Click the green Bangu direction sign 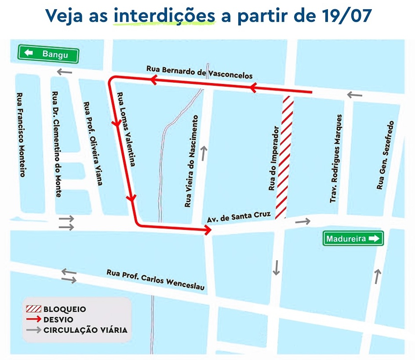point(48,54)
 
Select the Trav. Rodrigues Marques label point(336,159)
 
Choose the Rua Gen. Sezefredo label point(384,155)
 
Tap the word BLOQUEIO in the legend point(64,309)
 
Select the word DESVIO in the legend point(58,319)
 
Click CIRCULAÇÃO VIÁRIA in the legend point(85,330)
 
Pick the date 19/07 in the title point(344,16)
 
